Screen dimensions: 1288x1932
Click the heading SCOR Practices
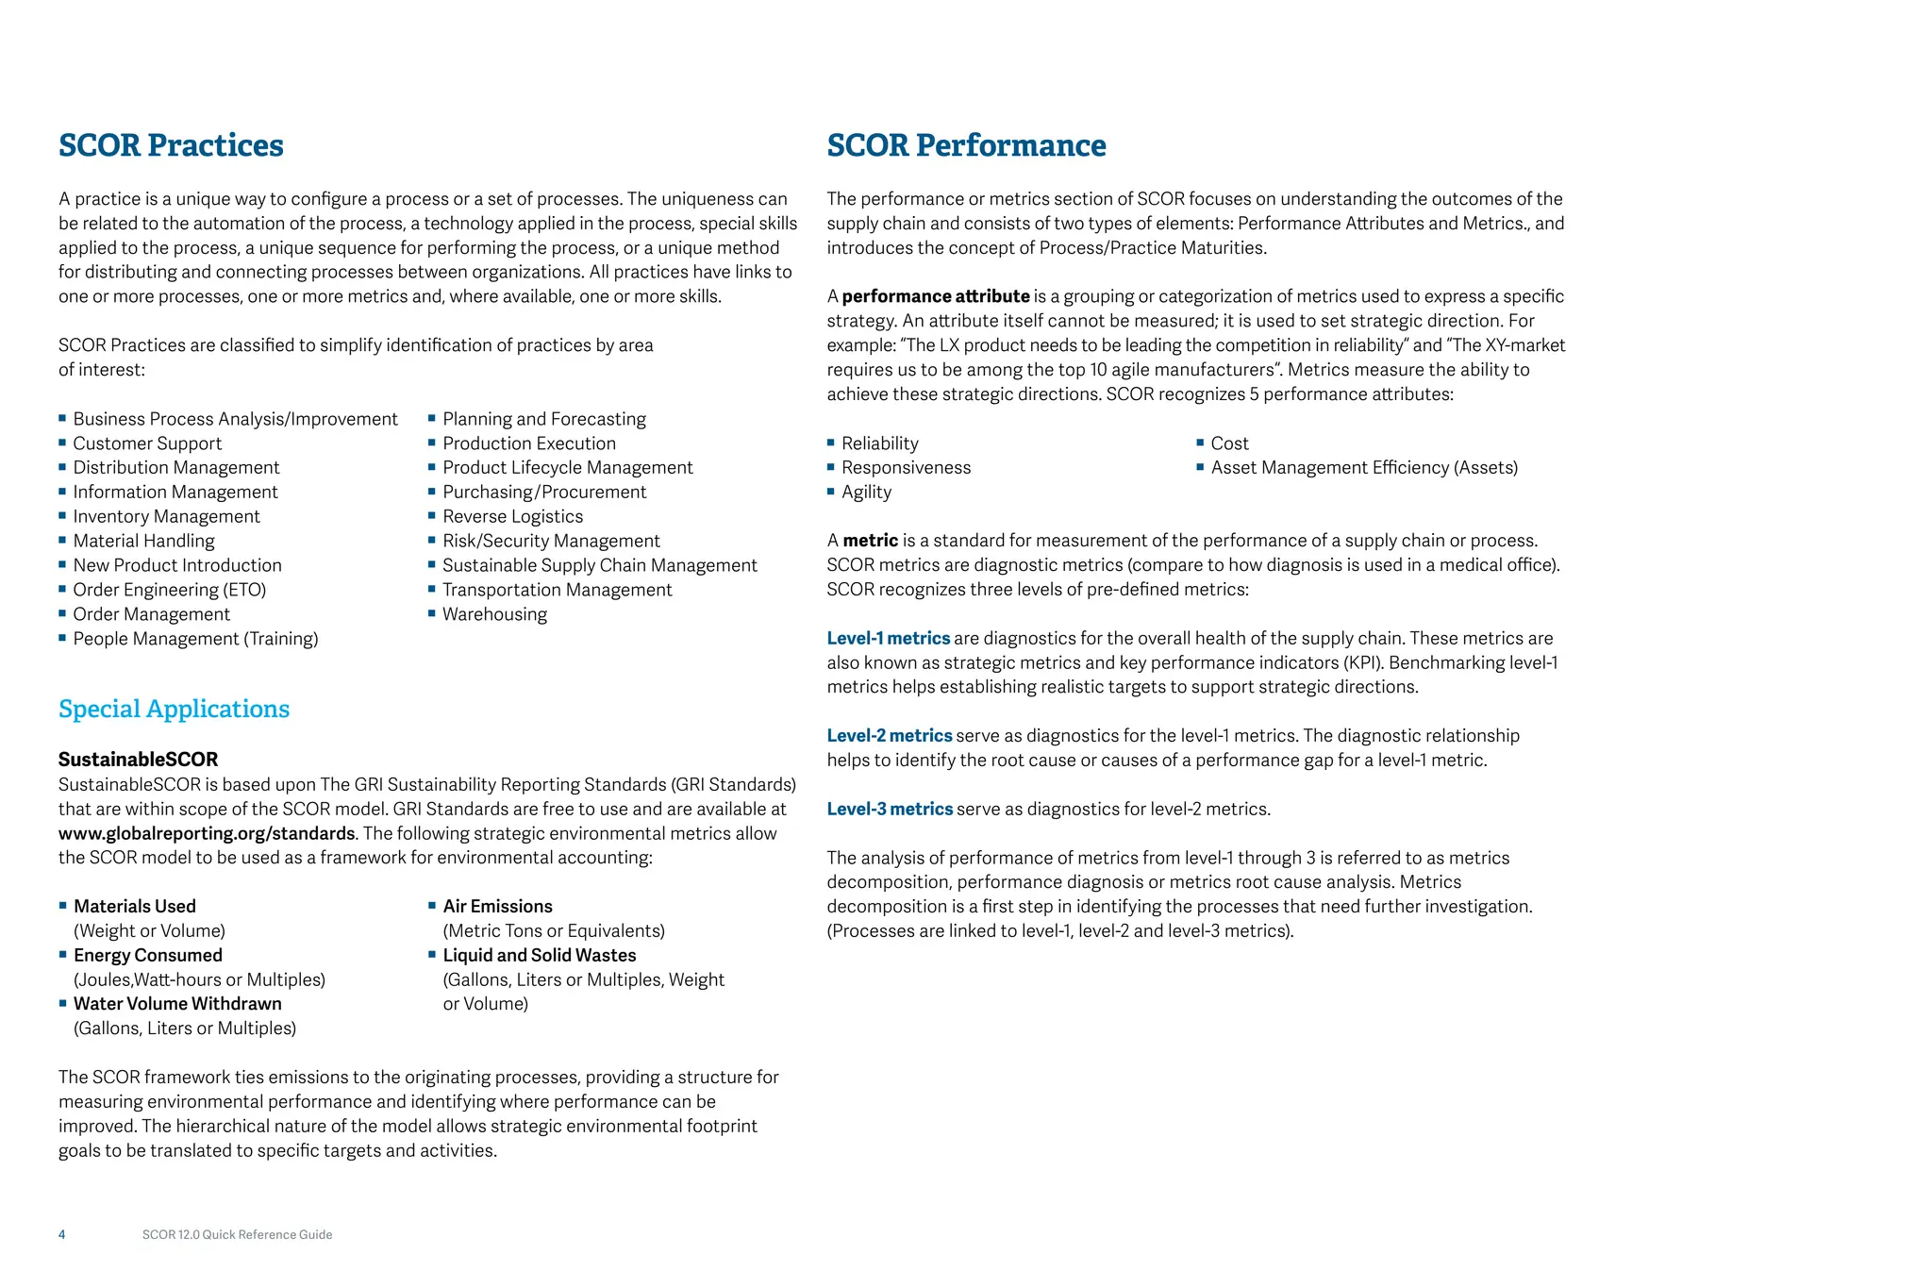pyautogui.click(x=171, y=145)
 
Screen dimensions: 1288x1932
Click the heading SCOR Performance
pyautogui.click(x=966, y=145)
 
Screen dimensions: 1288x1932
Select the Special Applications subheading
pyautogui.click(x=174, y=709)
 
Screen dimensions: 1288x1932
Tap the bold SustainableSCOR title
pyautogui.click(x=138, y=760)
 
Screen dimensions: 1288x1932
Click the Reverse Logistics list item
pyautogui.click(x=512, y=516)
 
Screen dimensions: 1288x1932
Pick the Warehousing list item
pyautogui.click(x=494, y=614)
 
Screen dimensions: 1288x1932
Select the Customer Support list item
pyautogui.click(x=147, y=443)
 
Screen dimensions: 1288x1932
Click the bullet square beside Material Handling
pyautogui.click(x=62, y=540)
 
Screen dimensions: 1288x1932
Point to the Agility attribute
pyautogui.click(x=866, y=492)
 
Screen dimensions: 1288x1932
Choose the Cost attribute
pyautogui.click(x=1229, y=443)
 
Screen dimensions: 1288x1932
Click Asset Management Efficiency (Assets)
pyautogui.click(x=1364, y=468)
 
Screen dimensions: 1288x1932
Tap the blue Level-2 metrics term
pyautogui.click(x=890, y=736)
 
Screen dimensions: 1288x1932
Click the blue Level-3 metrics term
pyautogui.click(x=890, y=810)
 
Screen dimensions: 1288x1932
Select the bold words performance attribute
pyautogui.click(x=935, y=296)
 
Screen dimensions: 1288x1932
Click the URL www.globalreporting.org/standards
pyautogui.click(x=207, y=833)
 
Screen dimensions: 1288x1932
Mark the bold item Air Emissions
pyautogui.click(x=497, y=907)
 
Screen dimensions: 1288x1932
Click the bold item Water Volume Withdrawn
pyautogui.click(x=177, y=1004)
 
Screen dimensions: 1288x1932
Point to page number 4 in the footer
pyautogui.click(x=62, y=1234)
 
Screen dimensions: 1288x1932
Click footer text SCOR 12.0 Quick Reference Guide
pyautogui.click(x=237, y=1234)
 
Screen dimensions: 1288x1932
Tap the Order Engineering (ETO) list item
pyautogui.click(x=170, y=590)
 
